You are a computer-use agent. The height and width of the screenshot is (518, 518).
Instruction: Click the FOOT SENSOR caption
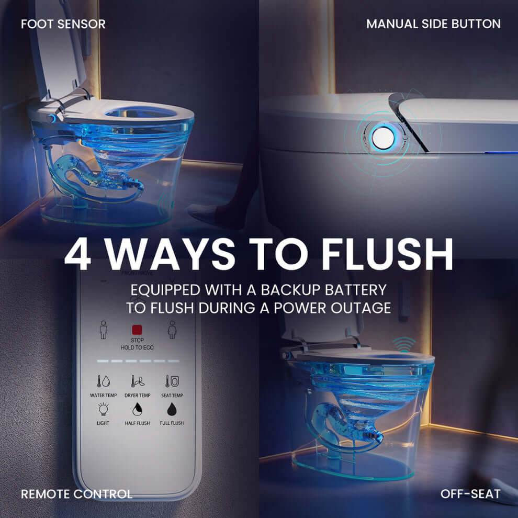point(63,24)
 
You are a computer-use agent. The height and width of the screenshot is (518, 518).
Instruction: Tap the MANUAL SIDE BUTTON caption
point(433,24)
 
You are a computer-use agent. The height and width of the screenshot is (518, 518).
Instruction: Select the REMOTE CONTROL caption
point(76,493)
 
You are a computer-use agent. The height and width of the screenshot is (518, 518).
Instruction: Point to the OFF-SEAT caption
point(470,493)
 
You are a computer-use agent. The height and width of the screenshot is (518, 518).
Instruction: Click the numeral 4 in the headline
point(82,255)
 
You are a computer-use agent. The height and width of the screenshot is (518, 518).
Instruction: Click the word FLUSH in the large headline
point(387,255)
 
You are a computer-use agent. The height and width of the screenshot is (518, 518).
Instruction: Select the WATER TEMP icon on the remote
point(103,381)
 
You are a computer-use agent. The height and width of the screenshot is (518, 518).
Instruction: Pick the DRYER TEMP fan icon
point(138,381)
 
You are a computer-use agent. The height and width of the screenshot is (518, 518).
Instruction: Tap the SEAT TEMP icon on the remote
point(172,381)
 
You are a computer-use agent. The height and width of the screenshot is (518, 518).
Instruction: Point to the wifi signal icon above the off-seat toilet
point(405,344)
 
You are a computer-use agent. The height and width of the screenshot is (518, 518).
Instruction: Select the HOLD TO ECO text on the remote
point(137,347)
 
